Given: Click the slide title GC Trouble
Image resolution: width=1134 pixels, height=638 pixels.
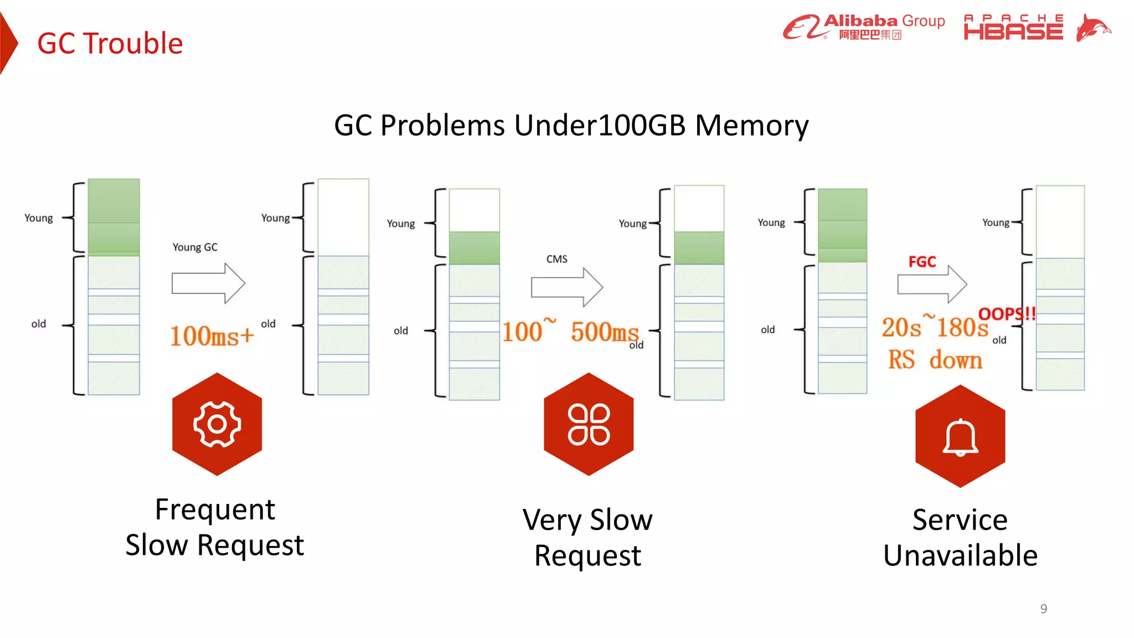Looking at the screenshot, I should click(110, 43).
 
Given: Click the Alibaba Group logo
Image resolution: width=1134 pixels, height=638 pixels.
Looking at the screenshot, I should click(863, 27).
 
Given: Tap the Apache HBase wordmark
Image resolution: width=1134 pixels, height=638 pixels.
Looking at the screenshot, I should click(1013, 28).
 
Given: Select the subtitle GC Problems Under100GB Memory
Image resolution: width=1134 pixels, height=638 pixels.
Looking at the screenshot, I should click(571, 125).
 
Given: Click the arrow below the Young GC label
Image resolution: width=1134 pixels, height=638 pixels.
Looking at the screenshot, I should click(208, 283).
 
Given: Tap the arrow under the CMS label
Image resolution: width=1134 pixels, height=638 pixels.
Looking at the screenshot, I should click(566, 287).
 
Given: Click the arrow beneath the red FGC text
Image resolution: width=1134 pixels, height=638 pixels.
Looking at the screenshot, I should click(932, 284).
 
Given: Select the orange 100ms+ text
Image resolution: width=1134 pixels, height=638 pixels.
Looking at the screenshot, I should click(212, 336).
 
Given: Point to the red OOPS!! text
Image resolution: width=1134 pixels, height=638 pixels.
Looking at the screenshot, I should click(1006, 314).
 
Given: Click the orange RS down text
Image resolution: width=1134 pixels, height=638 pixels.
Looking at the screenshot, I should click(935, 360).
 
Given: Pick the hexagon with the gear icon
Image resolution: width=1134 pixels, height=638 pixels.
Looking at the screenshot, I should click(217, 424).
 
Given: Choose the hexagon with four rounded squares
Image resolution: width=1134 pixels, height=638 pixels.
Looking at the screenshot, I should click(589, 424).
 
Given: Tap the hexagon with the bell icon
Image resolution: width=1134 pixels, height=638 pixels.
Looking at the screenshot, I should click(960, 436).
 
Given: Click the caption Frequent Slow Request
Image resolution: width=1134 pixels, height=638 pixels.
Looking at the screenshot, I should click(215, 527).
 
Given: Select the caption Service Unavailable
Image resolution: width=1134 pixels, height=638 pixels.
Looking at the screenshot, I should click(960, 537).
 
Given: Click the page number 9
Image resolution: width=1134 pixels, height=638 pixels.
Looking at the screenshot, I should click(1043, 609).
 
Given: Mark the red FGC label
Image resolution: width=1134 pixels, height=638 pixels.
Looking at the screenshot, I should click(922, 261).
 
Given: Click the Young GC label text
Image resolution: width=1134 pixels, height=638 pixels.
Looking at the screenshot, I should click(195, 247).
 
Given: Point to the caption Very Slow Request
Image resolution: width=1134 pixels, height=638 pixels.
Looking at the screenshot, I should click(587, 537).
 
